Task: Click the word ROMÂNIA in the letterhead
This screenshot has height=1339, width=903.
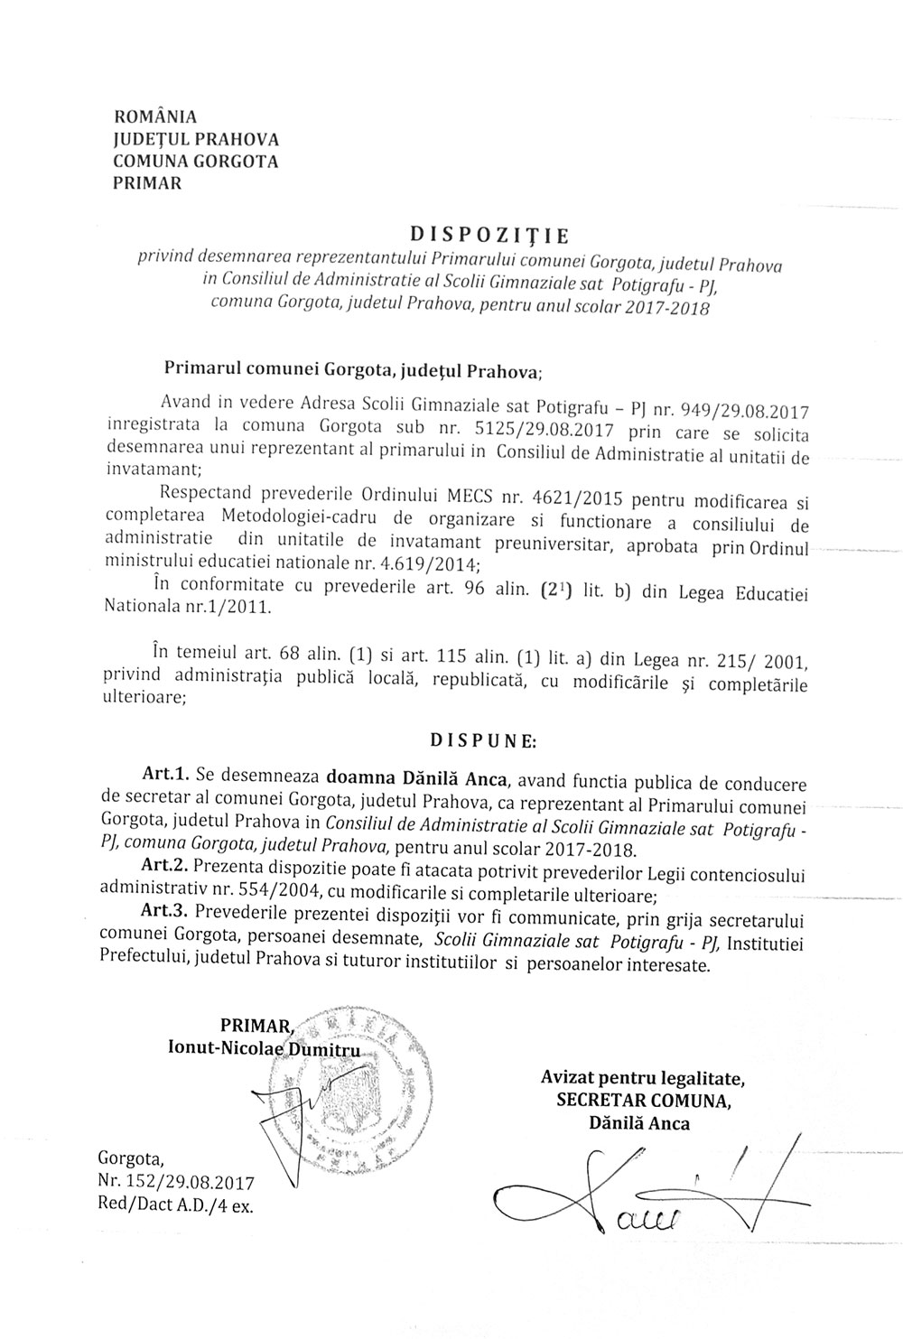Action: coord(154,117)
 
